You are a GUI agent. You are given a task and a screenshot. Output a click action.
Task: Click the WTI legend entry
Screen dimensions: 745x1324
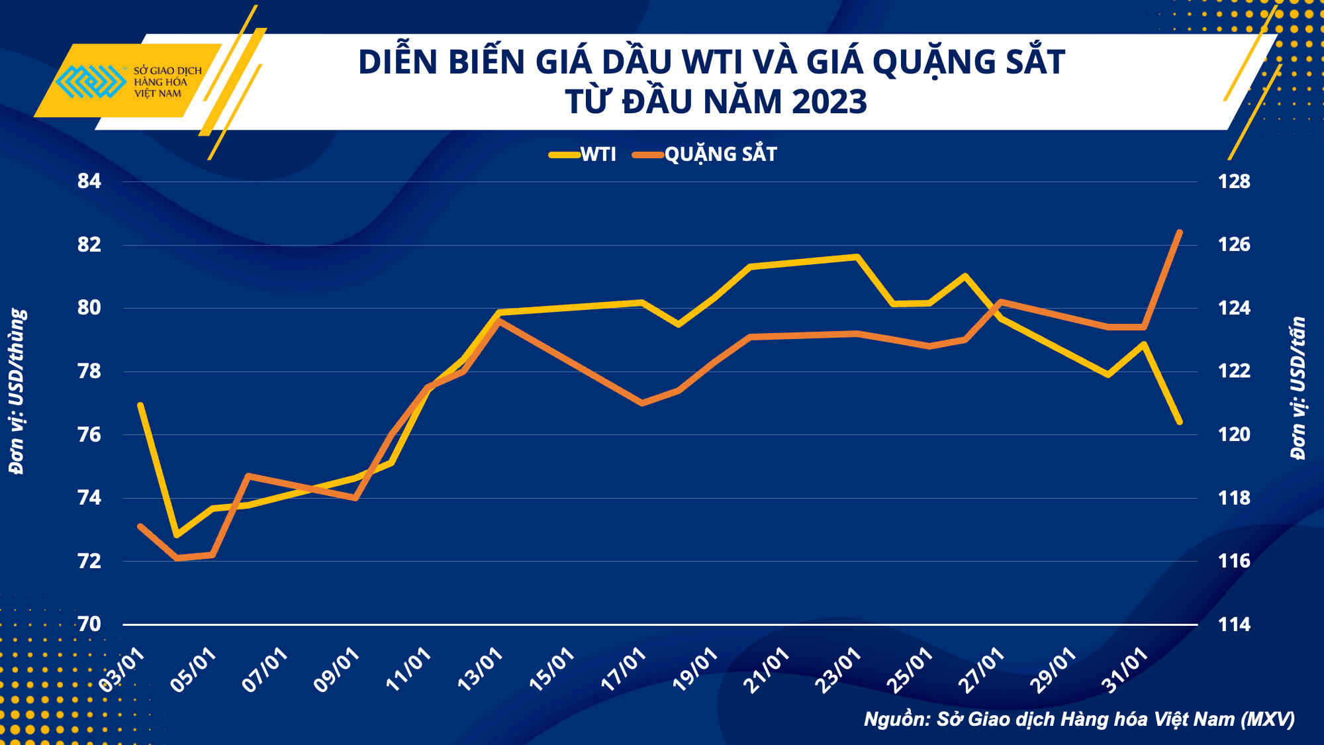[x=583, y=154]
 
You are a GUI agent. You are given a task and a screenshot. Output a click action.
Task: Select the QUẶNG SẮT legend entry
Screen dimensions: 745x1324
[x=705, y=154]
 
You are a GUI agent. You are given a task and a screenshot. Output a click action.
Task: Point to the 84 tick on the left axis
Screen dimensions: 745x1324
[x=89, y=181]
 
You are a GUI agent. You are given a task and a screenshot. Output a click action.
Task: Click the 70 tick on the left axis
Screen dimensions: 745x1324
[x=89, y=624]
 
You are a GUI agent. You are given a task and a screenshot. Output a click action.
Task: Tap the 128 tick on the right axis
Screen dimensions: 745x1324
[x=1234, y=181]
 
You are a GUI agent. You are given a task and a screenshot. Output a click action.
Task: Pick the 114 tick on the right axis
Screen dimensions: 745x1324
[x=1234, y=624]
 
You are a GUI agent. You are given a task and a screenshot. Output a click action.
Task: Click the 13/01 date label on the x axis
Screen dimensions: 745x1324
[x=480, y=670]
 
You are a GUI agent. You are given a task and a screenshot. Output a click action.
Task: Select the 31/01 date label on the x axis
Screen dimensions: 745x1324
[x=1124, y=670]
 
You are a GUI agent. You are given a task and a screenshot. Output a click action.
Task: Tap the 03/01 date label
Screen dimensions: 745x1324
[x=122, y=670]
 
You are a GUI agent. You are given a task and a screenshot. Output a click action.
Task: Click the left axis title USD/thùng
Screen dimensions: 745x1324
[x=17, y=391]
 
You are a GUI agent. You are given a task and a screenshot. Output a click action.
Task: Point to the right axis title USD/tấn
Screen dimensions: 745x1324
[x=1298, y=387]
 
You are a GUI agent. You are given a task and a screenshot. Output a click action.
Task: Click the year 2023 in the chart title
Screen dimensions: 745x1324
[x=829, y=102]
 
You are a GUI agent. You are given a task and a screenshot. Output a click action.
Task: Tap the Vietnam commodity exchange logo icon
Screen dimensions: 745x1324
[x=90, y=81]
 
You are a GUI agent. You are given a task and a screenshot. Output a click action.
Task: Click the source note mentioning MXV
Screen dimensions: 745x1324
[x=1079, y=719]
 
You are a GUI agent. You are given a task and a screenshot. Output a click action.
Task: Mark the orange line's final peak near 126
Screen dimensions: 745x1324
[x=1179, y=232]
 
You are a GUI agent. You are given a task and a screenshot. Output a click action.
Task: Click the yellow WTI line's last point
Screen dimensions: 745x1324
[x=1180, y=422]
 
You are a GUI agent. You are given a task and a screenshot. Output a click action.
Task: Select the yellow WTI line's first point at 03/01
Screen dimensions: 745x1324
[x=140, y=405]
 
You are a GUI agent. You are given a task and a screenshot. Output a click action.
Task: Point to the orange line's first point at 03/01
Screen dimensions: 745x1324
[x=140, y=526]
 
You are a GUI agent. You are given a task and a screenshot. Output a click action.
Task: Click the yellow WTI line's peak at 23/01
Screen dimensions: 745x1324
[x=857, y=256]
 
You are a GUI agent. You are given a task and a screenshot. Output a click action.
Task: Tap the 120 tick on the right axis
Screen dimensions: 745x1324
[x=1234, y=434]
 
